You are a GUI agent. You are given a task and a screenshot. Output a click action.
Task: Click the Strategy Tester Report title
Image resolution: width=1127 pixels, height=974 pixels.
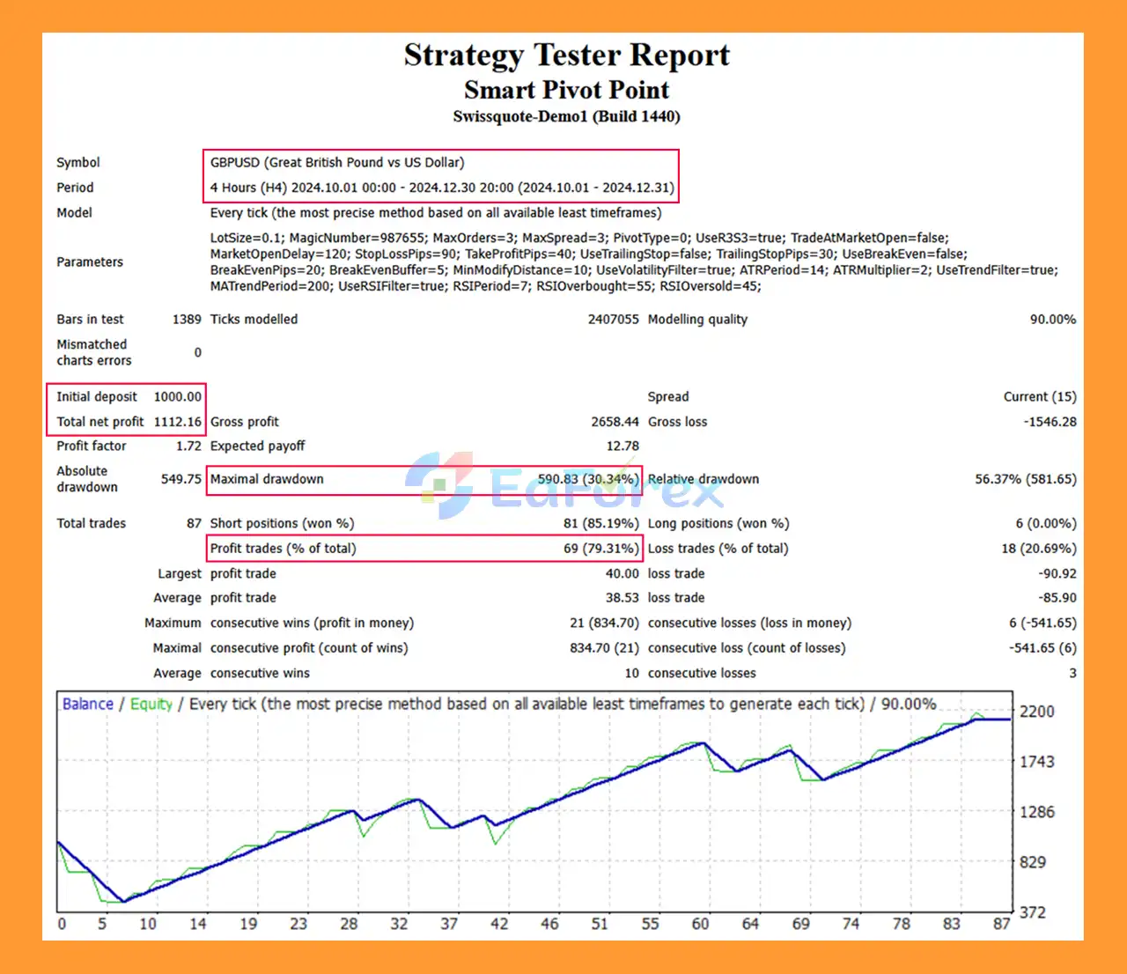(566, 55)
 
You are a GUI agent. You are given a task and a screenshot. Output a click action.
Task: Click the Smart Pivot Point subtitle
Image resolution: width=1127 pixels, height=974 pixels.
(566, 90)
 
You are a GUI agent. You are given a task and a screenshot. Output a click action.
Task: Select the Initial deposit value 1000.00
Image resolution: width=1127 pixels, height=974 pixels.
(178, 397)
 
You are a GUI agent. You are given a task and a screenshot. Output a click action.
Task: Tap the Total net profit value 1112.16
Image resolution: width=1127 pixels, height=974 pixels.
(178, 422)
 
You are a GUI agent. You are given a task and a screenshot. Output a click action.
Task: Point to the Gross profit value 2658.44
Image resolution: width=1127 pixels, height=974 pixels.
(615, 422)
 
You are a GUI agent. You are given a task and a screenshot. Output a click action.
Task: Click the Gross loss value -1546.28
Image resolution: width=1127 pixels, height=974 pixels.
(1050, 422)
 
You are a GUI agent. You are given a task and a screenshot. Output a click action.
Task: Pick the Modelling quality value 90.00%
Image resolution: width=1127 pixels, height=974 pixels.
(1053, 320)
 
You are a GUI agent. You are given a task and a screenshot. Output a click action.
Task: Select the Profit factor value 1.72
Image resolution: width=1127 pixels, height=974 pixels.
(188, 446)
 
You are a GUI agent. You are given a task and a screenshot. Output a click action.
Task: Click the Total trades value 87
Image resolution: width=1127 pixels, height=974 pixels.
(194, 523)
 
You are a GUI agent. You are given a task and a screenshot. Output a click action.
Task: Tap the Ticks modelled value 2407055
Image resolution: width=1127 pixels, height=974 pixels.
(613, 320)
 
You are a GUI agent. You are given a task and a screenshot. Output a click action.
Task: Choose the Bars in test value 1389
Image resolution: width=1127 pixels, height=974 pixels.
(187, 320)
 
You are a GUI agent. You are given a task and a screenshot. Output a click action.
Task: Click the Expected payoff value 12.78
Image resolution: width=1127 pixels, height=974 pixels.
(622, 446)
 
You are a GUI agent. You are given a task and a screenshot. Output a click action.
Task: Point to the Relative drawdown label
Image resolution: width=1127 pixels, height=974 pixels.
(703, 479)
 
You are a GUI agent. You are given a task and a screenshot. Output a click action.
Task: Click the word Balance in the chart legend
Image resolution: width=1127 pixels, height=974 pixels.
(88, 705)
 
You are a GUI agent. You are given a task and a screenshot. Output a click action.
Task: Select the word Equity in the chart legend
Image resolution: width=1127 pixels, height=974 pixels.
(151, 705)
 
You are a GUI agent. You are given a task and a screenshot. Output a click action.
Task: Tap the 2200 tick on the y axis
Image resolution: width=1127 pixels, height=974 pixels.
(1036, 712)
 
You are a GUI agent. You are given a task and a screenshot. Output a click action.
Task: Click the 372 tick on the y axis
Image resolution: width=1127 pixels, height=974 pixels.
(1033, 912)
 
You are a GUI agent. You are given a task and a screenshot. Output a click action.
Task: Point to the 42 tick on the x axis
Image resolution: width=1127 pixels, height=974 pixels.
(499, 924)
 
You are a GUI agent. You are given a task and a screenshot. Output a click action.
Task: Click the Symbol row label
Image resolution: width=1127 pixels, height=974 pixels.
(78, 163)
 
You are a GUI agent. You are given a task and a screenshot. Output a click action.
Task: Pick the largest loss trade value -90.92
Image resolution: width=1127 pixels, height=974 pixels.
(1057, 573)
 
